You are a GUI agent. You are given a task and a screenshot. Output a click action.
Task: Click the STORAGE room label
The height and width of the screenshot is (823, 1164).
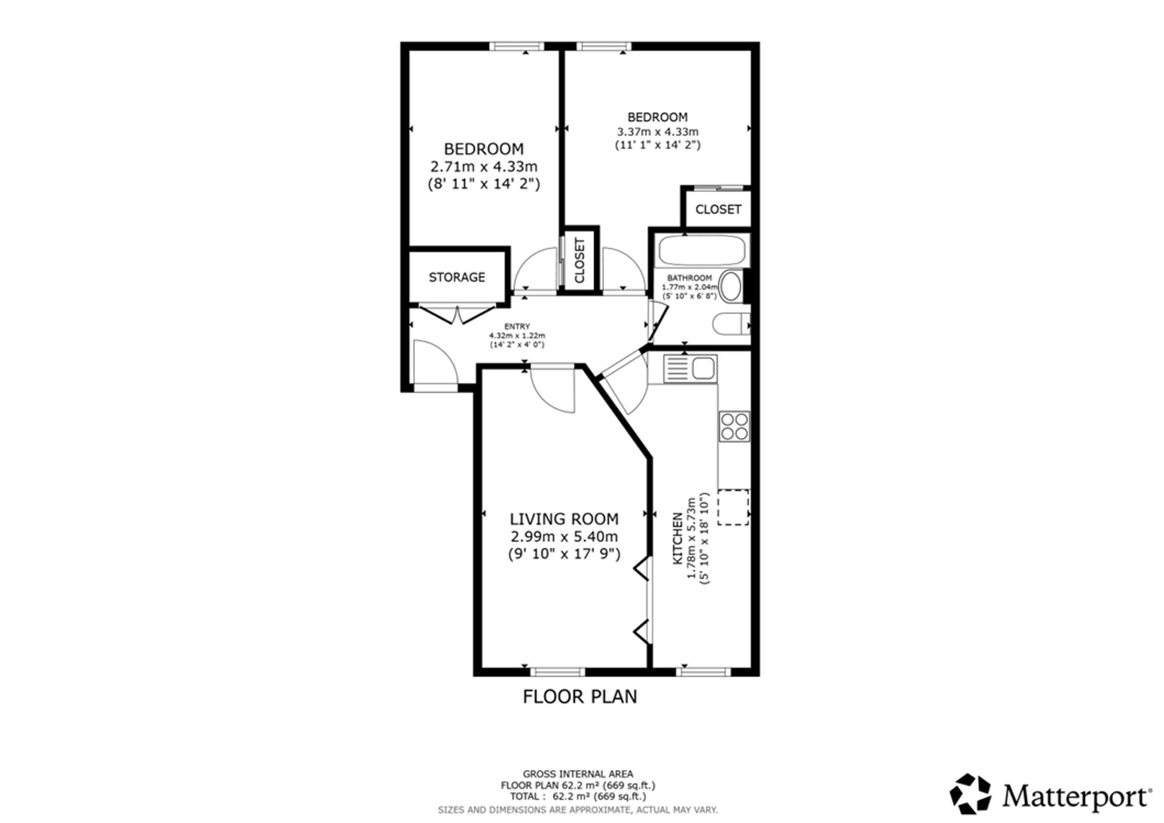[x=457, y=277]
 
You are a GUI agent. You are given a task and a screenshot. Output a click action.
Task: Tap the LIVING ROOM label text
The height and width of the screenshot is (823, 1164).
[x=564, y=519]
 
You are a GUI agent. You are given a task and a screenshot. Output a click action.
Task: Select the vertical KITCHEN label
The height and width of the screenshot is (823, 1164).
[x=677, y=539]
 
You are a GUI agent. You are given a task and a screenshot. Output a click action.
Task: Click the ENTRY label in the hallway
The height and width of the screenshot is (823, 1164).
[x=517, y=327]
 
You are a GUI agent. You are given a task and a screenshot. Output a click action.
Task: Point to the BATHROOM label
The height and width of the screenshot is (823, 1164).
[x=689, y=278]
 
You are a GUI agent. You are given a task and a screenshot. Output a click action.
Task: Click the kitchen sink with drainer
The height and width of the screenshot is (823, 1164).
[x=690, y=369]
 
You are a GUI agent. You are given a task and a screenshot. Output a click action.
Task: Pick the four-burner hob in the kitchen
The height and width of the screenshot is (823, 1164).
[x=734, y=426]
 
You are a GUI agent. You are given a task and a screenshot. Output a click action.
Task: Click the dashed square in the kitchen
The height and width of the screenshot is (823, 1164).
[x=733, y=507]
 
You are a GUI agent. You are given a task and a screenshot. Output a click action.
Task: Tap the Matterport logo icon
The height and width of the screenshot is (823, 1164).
[x=970, y=793]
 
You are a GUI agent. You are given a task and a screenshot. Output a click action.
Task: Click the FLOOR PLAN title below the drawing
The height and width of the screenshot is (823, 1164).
[x=580, y=697]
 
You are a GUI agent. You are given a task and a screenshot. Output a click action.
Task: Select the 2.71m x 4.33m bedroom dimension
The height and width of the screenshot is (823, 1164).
[x=484, y=167]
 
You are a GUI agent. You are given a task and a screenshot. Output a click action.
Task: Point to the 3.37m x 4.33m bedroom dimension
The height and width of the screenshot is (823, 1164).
[x=658, y=132]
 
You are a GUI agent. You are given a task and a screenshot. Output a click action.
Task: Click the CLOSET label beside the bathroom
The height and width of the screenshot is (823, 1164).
[x=718, y=209]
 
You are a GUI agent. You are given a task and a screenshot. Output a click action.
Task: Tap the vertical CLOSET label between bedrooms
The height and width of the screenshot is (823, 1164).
[x=580, y=260]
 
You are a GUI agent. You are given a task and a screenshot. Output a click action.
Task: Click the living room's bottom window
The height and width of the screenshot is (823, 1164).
[x=557, y=672]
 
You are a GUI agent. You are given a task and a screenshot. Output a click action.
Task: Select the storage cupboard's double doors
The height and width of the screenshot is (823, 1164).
[x=457, y=314]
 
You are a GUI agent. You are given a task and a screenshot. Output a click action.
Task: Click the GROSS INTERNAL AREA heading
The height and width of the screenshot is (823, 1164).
[x=578, y=774]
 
